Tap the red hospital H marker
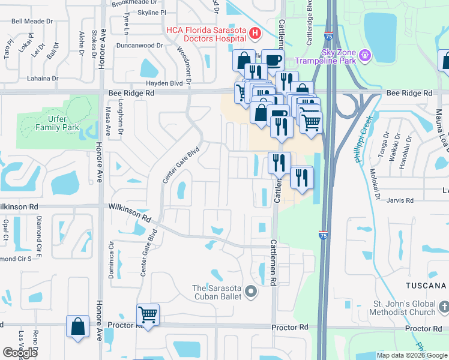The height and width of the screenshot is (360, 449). click(256, 34)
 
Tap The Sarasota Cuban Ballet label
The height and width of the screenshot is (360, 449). click(217, 292)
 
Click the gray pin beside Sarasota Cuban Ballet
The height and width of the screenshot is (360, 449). click(251, 292)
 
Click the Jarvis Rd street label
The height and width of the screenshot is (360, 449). click(401, 200)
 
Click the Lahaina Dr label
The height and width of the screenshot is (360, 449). click(42, 78)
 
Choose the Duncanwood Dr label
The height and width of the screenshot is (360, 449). click(140, 45)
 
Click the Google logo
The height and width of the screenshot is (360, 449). click(20, 353)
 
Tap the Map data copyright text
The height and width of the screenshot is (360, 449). click(412, 355)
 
